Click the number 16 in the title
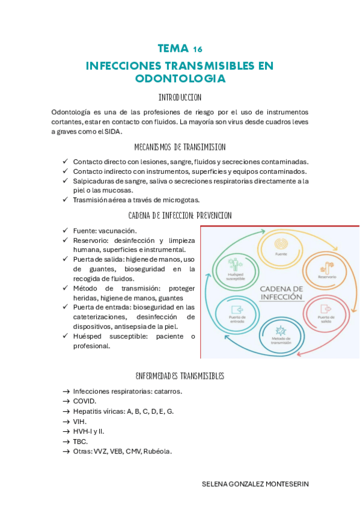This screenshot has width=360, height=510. [x=198, y=49]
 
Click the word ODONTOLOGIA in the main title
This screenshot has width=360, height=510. [x=180, y=78]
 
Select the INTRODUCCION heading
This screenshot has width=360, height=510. [x=180, y=97]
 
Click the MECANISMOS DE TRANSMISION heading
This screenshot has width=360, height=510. [x=180, y=147]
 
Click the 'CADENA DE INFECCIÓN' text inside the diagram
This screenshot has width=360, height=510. [x=280, y=293]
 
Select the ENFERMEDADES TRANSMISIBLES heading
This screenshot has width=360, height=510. [x=180, y=376]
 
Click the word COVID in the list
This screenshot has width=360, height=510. [x=85, y=401]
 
